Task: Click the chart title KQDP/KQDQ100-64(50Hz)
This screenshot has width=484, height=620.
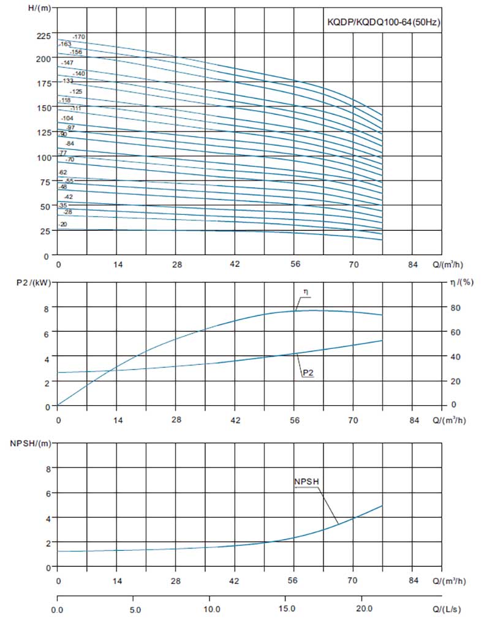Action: [385, 22]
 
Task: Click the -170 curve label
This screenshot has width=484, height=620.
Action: [79, 37]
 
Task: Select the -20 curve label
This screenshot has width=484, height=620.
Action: [64, 225]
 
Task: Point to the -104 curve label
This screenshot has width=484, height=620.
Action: [67, 118]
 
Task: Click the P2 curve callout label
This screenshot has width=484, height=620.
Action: [308, 373]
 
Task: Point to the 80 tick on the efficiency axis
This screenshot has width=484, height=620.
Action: [454, 307]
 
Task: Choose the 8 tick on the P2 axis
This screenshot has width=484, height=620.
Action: [48, 307]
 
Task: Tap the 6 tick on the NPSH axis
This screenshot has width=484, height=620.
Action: [48, 493]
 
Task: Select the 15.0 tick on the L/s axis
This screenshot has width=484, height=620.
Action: [286, 610]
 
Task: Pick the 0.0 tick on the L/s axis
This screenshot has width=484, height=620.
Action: [58, 610]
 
